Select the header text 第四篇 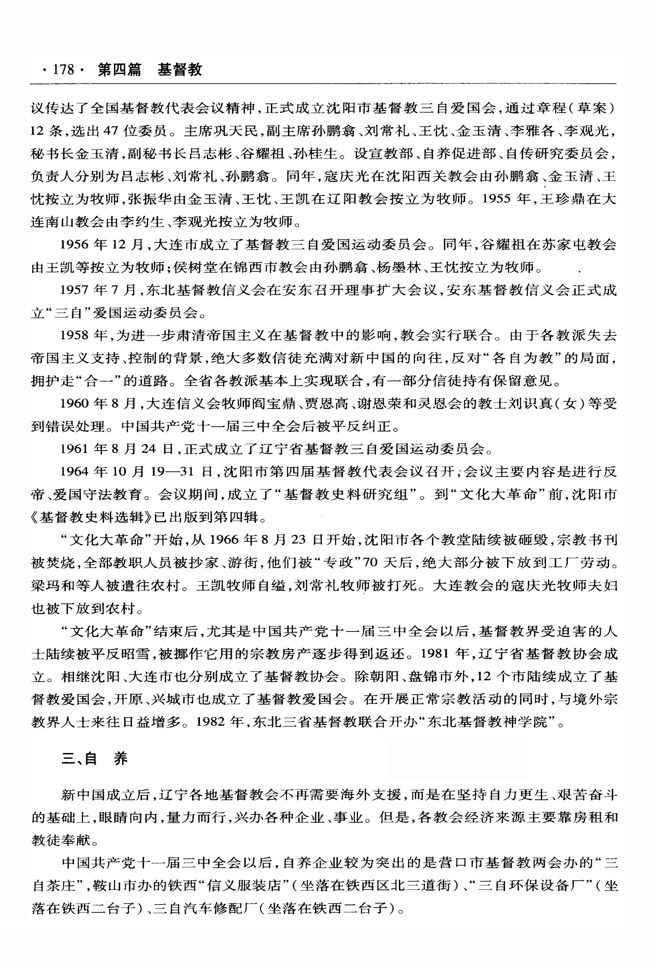[119, 69]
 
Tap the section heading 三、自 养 [95, 759]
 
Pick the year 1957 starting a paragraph [74, 290]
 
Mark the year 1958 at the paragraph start [74, 335]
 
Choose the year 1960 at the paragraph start [74, 403]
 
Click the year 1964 [74, 471]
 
